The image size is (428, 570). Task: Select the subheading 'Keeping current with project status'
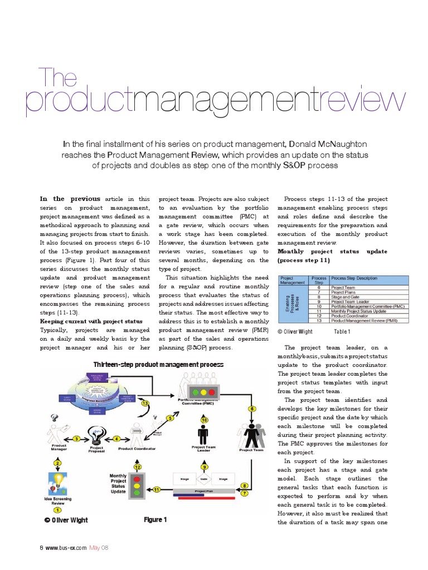(91, 322)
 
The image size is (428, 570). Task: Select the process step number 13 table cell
(319, 321)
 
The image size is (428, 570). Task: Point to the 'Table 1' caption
(342, 332)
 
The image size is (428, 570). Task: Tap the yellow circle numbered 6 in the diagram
(252, 409)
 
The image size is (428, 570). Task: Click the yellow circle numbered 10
(204, 419)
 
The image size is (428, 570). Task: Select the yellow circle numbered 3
(76, 439)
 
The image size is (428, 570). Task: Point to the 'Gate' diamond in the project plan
(204, 479)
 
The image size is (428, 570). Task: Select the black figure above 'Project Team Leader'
(203, 435)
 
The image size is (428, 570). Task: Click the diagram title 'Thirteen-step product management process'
(159, 365)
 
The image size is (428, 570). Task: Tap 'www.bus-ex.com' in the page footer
(66, 548)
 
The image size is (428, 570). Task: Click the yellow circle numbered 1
(56, 509)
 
